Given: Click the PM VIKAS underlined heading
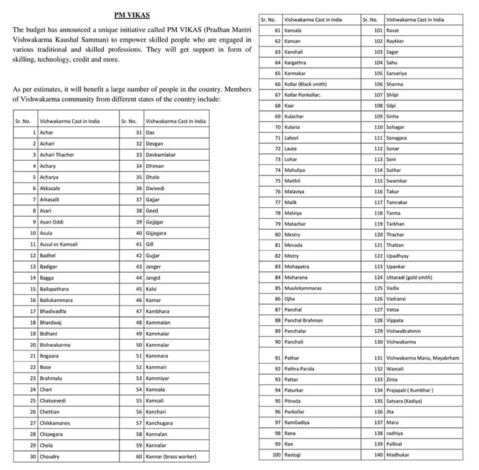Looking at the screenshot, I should point(132,15).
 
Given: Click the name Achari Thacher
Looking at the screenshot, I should point(57,155).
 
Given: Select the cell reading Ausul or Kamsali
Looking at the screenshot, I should point(59,244).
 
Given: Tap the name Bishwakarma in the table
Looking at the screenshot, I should point(55,345).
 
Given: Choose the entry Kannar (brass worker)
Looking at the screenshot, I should point(171,457).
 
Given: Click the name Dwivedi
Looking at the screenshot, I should point(155,189).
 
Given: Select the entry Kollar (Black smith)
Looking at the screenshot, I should point(305,85).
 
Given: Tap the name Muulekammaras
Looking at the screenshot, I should point(303,289).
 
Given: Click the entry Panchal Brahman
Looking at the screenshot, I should point(303,321).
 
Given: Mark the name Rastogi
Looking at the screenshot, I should point(293,455).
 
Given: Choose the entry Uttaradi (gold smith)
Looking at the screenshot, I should point(409,278).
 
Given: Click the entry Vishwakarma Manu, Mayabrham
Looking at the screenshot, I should point(422,358).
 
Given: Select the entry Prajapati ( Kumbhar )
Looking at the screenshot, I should point(410,390).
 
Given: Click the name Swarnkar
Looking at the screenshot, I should point(397,181).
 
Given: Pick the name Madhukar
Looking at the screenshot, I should point(397,455).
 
